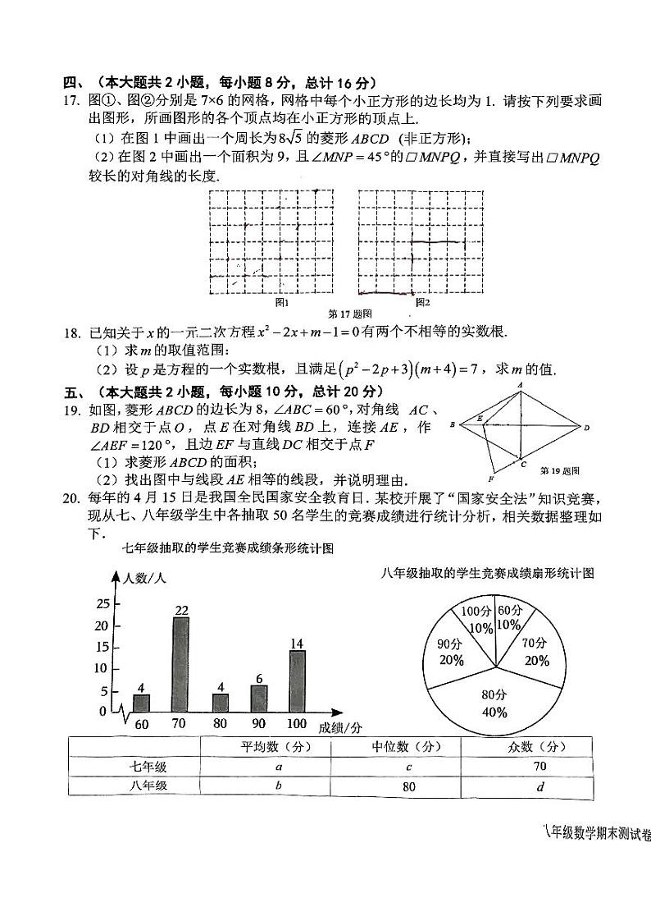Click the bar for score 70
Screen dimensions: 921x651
(x=180, y=665)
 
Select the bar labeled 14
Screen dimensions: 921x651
(x=297, y=681)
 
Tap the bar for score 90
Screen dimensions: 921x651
(x=259, y=699)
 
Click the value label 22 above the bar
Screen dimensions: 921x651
(x=181, y=609)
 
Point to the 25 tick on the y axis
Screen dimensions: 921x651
(x=102, y=604)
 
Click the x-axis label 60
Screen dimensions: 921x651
(x=142, y=724)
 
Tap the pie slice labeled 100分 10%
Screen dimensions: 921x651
(x=476, y=621)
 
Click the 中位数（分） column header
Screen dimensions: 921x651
(x=395, y=746)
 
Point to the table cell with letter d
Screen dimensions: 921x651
(x=526, y=786)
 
